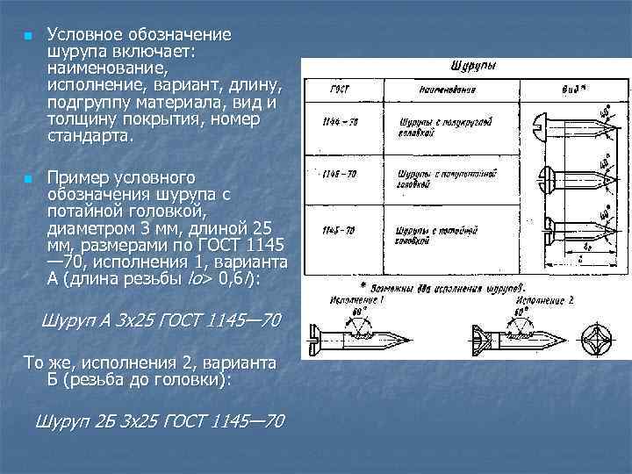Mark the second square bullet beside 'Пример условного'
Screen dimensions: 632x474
[x=27, y=179]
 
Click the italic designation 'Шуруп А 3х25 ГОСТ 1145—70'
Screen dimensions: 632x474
[x=161, y=321]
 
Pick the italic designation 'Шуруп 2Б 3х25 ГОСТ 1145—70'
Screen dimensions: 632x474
[x=158, y=422]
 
